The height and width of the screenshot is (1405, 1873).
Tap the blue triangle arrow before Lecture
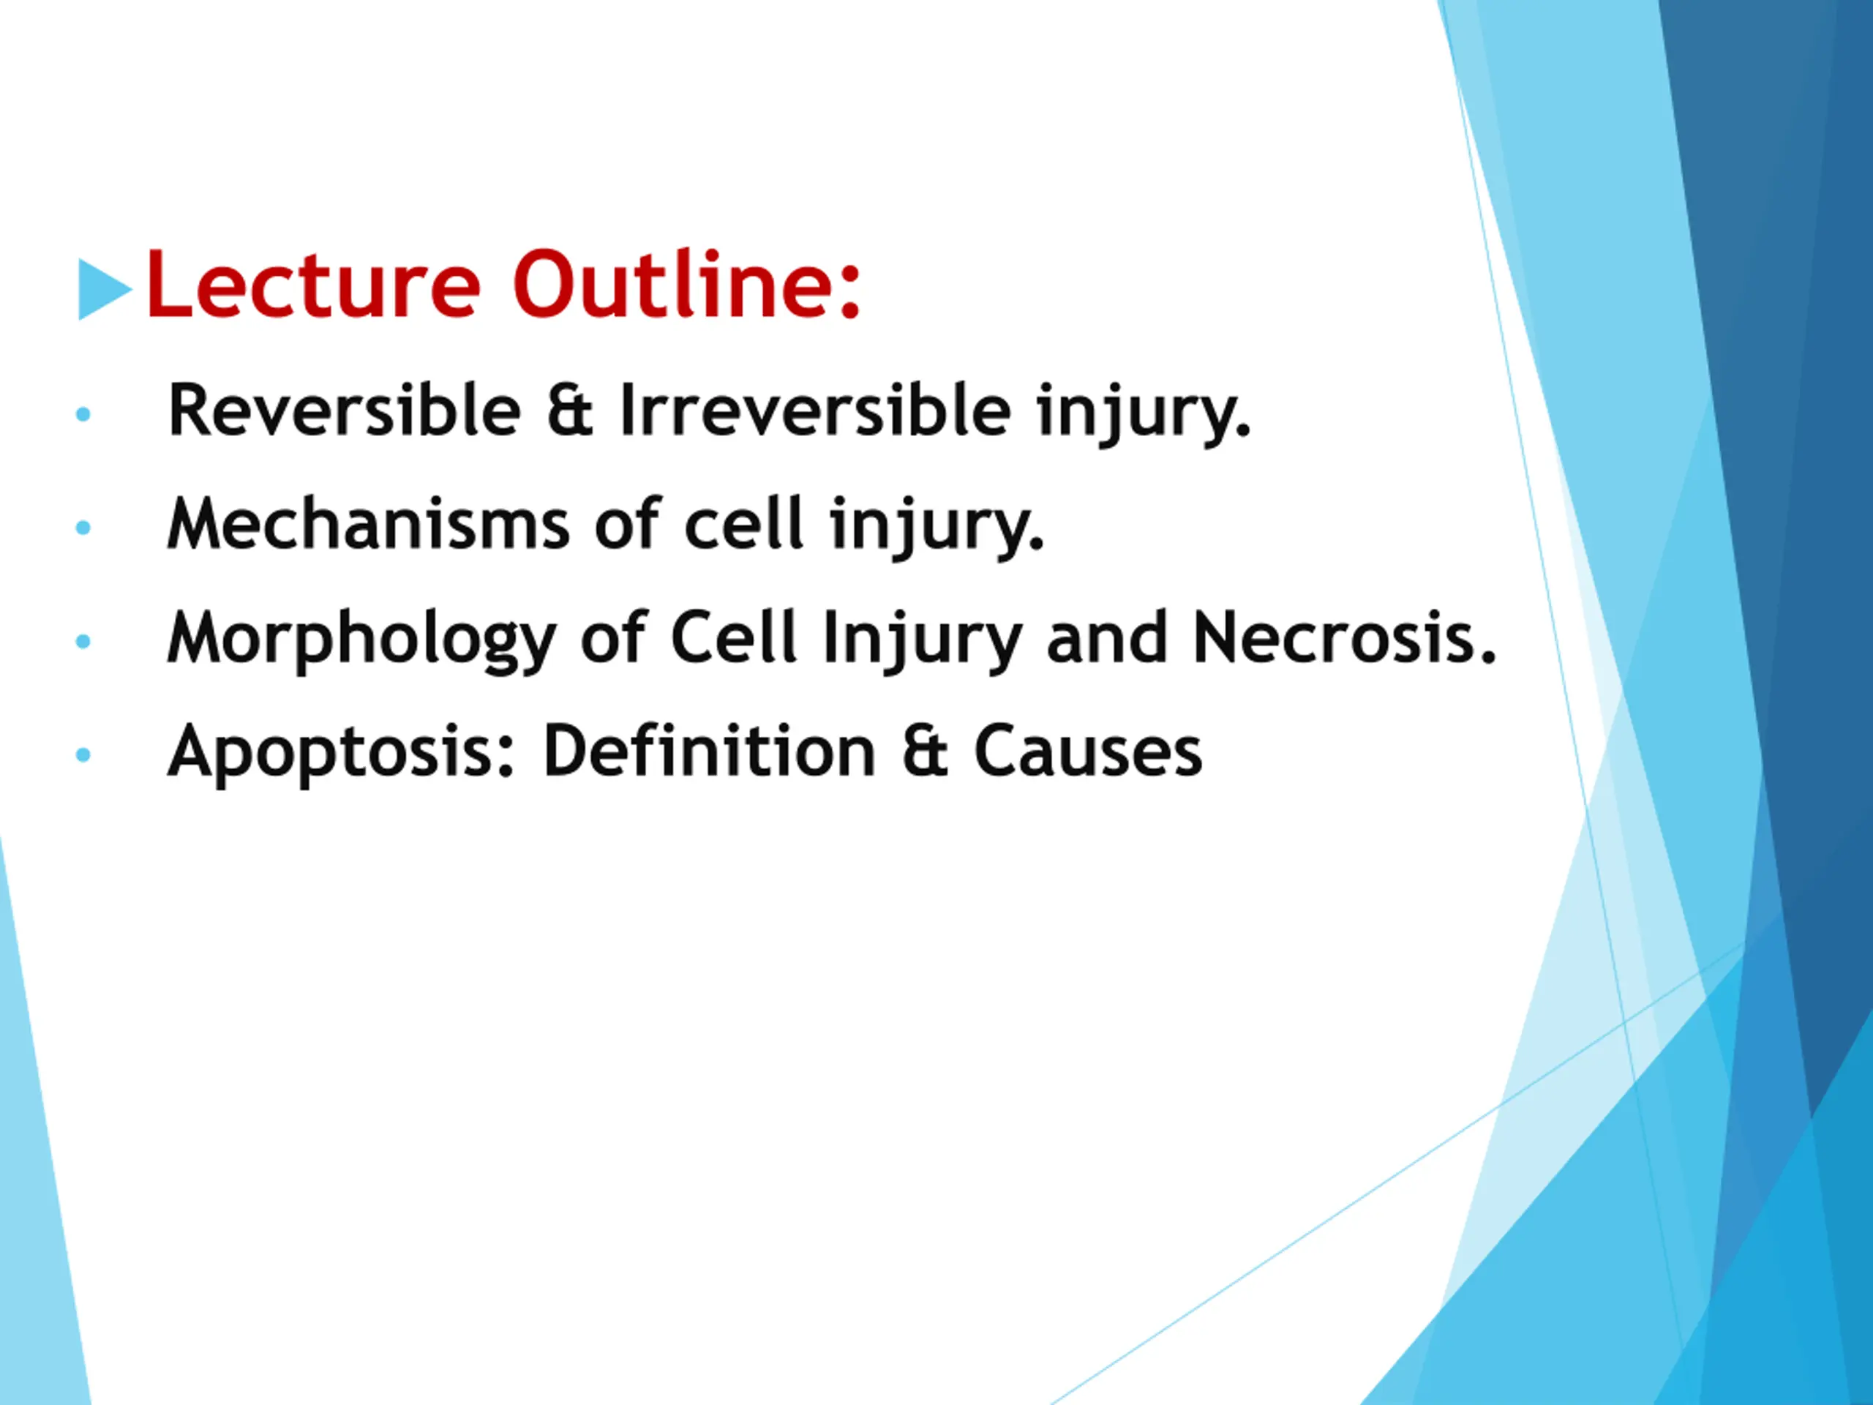(105, 289)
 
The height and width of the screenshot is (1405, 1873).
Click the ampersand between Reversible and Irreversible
(569, 411)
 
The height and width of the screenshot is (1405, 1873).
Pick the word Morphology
(362, 640)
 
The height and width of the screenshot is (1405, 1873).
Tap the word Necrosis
(1345, 637)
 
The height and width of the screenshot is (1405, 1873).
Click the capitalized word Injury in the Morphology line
(922, 640)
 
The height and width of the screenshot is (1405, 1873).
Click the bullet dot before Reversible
(83, 414)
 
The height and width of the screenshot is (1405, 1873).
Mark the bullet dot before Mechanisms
(83, 528)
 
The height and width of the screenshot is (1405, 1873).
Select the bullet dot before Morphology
(83, 641)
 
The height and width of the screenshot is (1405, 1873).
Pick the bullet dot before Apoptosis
(83, 754)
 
